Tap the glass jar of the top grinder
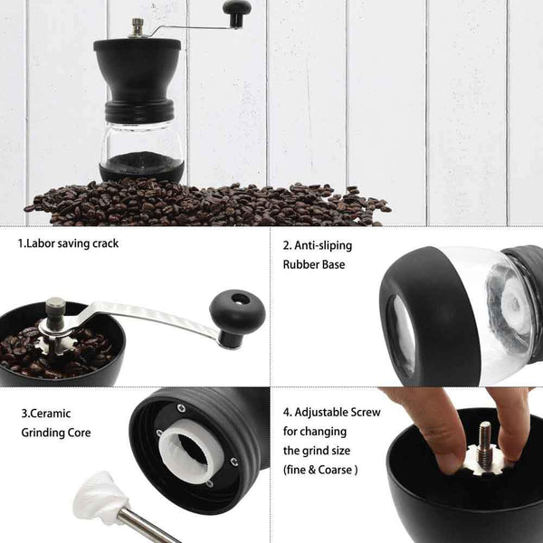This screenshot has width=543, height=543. pyautogui.click(x=141, y=140)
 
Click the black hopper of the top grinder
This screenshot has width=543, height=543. pyautogui.click(x=138, y=68)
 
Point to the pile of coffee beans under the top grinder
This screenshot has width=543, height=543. pyautogui.click(x=208, y=203)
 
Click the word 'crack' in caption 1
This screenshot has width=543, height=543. pyautogui.click(x=103, y=243)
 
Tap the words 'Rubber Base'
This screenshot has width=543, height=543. pyautogui.click(x=314, y=264)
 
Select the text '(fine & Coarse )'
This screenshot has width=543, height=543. pyautogui.click(x=320, y=470)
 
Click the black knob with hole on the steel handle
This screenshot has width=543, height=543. pyautogui.click(x=237, y=311)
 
